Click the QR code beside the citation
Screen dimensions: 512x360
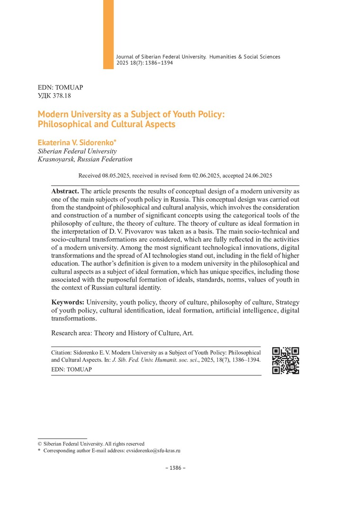286,361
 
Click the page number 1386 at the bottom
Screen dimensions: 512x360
175,468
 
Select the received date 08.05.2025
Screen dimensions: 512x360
116,175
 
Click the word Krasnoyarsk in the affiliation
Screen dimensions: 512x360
56,159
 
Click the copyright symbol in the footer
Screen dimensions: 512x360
39,444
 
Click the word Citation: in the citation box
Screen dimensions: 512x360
63,353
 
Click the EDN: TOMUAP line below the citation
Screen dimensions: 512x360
72,369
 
